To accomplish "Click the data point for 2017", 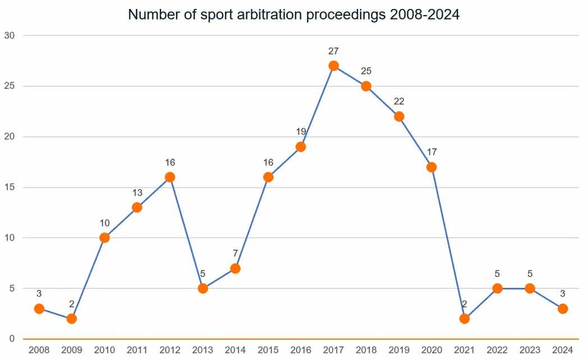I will click(334, 66).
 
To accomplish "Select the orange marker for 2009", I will click(71, 319).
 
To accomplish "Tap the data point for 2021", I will click(464, 319).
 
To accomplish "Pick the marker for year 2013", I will click(203, 288).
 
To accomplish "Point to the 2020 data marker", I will click(431, 167).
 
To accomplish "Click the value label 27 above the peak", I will click(334, 51).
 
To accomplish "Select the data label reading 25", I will click(366, 71).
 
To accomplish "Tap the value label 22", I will click(399, 101).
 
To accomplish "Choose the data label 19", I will click(301, 132).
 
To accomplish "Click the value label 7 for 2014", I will click(235, 253).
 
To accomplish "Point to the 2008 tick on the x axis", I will click(38, 350).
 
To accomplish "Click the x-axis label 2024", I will click(563, 350).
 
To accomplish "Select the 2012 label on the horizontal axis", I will click(169, 350).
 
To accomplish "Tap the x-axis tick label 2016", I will click(301, 350).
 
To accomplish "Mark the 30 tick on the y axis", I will click(11, 35).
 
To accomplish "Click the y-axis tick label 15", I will click(11, 187).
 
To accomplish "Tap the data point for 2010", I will click(104, 238).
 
